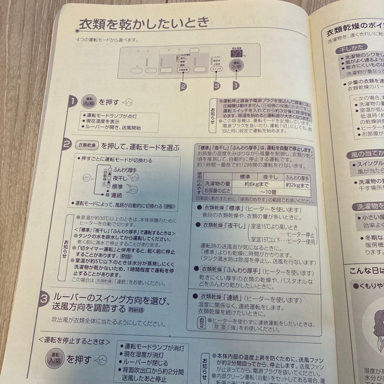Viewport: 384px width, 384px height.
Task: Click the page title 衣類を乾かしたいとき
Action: [x=144, y=24]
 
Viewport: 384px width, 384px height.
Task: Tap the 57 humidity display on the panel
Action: [x=237, y=54]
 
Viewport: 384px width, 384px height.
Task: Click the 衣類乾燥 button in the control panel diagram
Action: [x=183, y=70]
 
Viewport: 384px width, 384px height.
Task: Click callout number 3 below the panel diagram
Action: [x=217, y=85]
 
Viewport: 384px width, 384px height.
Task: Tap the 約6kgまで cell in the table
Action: [x=257, y=185]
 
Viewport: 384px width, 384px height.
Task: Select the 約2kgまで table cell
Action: [x=297, y=185]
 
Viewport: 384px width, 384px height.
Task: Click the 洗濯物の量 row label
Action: [x=218, y=185]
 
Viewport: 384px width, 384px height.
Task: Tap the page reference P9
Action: [x=169, y=206]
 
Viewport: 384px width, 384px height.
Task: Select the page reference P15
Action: [x=125, y=256]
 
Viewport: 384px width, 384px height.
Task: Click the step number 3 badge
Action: [x=44, y=300]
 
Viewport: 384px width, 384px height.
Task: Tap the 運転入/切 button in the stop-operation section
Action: [x=55, y=359]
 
